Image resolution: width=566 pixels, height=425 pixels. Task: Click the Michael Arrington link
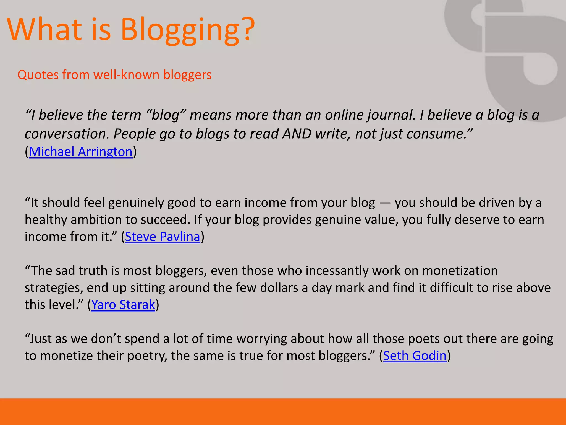80,152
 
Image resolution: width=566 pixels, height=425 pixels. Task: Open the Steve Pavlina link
162,237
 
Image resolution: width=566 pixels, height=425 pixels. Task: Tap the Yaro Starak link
123,305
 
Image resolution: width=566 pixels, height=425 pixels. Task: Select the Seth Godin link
415,356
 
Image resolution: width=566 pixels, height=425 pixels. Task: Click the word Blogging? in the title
188,30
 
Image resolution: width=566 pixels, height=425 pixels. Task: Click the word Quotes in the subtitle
38,75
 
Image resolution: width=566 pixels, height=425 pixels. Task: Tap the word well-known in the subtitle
126,75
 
